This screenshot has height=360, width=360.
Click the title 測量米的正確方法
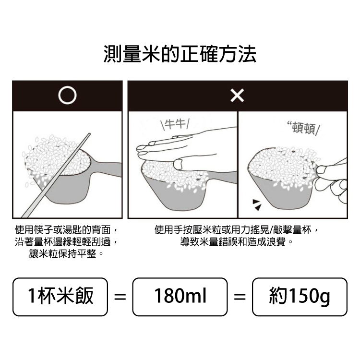(x=180, y=54)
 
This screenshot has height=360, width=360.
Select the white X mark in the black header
(x=237, y=96)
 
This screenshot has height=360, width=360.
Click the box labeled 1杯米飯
(x=60, y=297)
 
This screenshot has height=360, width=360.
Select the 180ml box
(x=180, y=297)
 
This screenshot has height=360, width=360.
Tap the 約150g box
(x=300, y=297)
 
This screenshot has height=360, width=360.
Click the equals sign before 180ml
(x=120, y=297)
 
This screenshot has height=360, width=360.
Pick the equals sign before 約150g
(x=240, y=297)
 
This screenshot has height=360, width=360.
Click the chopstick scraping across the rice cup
(x=55, y=176)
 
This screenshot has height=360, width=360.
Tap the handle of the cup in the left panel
(x=106, y=169)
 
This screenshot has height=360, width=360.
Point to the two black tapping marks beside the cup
(x=257, y=205)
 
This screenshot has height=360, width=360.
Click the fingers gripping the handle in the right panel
(x=331, y=179)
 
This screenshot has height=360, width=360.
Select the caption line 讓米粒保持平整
(x=66, y=254)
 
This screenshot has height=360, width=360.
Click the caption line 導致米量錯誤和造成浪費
(x=237, y=242)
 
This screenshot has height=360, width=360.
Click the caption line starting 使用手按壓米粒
(x=236, y=229)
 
